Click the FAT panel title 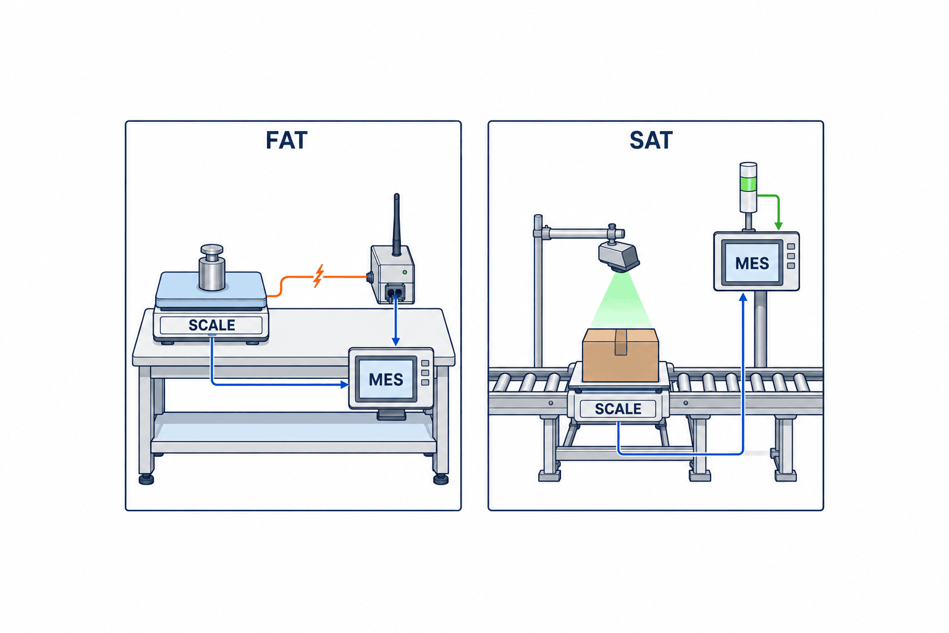pos(287,140)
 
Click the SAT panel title pos(651,140)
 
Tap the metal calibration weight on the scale pos(212,268)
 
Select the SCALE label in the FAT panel pos(212,325)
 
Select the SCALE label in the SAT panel pos(618,409)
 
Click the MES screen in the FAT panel pos(386,379)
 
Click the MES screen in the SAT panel pos(752,263)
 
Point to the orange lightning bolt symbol pos(319,276)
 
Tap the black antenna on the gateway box pos(397,225)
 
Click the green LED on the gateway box pos(405,272)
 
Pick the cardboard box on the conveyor pos(621,355)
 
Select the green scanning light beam pos(621,300)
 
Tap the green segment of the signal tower pos(748,185)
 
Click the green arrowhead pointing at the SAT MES pos(778,226)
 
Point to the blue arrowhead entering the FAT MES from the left pos(344,384)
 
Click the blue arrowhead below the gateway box pos(395,342)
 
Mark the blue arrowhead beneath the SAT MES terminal pos(743,297)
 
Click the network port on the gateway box pos(395,292)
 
